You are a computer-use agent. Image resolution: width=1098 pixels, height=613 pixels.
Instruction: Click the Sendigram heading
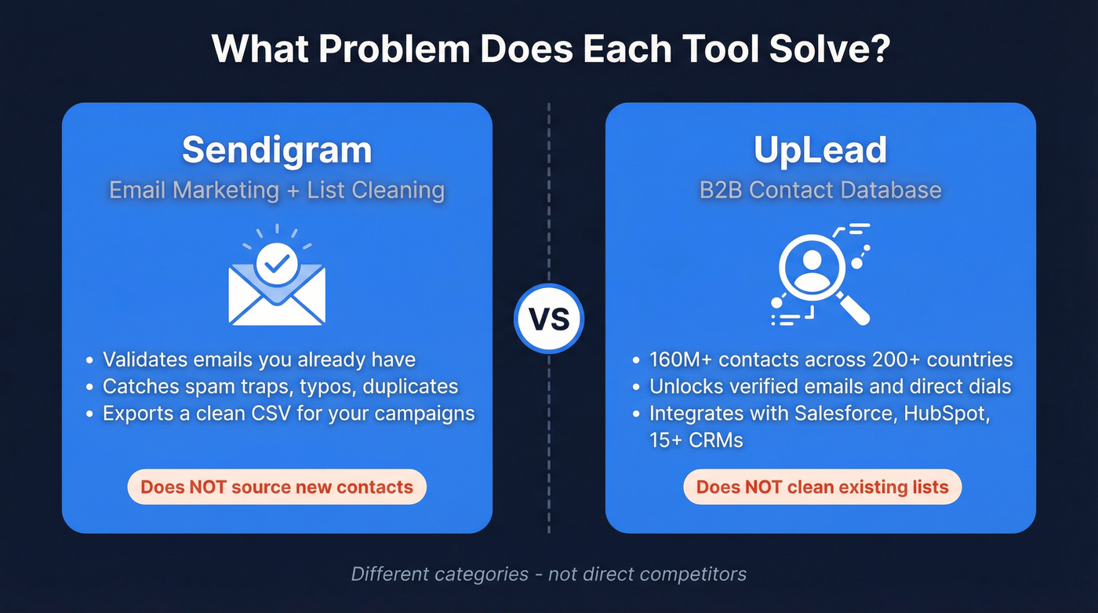277,150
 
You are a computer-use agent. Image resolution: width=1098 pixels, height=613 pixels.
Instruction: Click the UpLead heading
820,150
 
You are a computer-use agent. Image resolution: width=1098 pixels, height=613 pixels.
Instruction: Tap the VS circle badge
548,319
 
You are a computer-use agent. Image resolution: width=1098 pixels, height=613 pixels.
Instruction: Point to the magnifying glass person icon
820,275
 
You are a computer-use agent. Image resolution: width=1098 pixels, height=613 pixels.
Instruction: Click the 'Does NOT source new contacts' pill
277,487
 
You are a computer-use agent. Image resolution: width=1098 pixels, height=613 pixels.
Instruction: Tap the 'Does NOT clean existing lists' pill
822,487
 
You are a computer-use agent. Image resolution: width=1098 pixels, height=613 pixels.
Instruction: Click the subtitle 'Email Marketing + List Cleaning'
277,190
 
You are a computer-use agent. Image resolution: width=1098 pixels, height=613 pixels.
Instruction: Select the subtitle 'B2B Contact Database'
820,190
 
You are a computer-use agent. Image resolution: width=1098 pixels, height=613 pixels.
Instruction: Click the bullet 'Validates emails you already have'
259,360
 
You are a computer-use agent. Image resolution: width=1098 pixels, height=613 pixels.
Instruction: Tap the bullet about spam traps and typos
280,387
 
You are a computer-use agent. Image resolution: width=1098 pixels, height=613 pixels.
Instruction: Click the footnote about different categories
548,574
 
